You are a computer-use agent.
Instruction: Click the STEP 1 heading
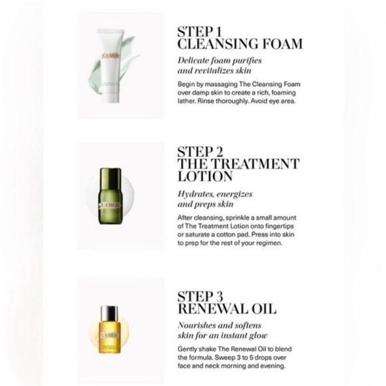click(200, 32)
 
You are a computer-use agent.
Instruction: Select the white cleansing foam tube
click(110, 66)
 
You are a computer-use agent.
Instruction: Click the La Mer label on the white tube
click(110, 57)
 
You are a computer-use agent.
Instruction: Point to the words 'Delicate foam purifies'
click(220, 61)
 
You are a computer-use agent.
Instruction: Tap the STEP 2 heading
click(200, 152)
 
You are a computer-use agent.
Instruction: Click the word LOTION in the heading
click(205, 176)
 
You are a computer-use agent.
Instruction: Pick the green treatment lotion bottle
click(110, 196)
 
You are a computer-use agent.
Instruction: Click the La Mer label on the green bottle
click(110, 206)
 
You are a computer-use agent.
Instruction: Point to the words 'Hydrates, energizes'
click(215, 194)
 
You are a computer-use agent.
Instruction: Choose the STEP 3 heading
click(200, 296)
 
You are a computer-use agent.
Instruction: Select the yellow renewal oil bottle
click(110, 329)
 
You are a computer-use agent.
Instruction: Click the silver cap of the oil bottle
click(110, 312)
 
